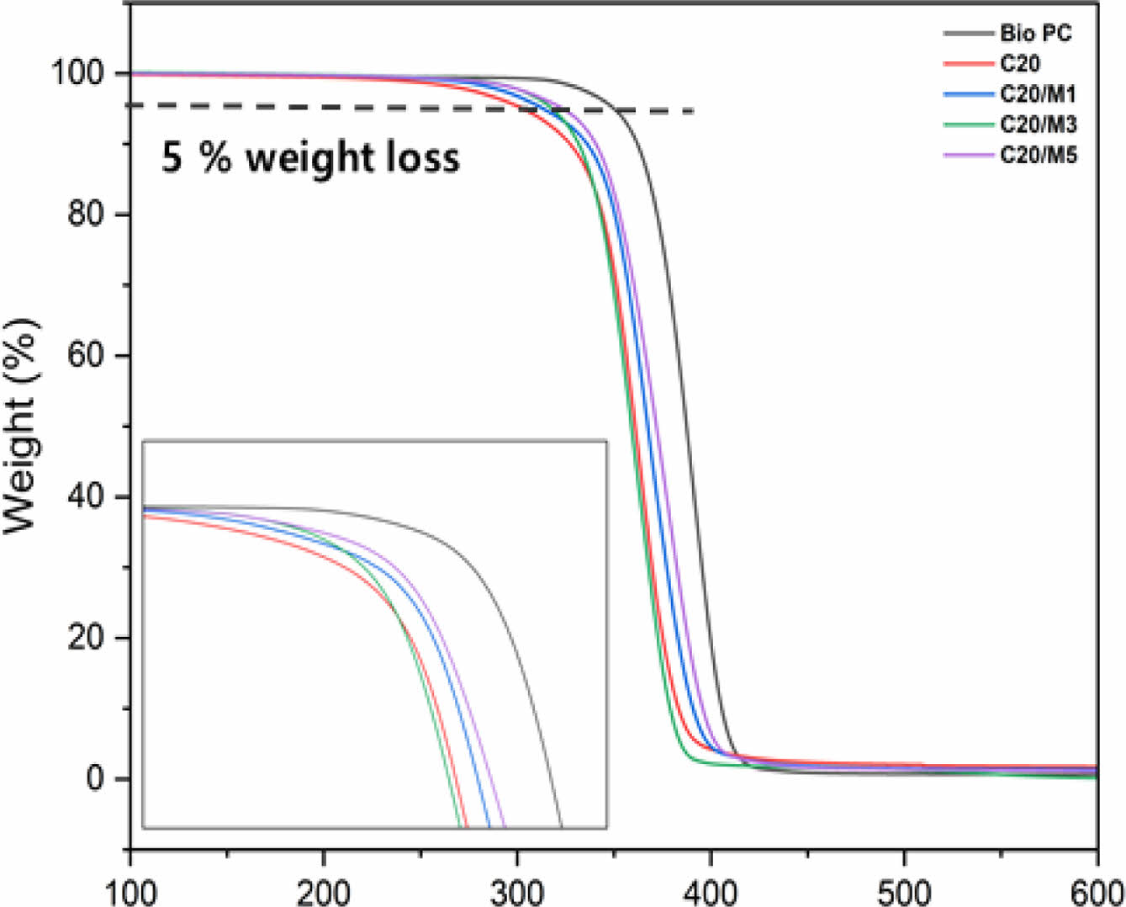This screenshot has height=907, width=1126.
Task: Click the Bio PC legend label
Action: click(1035, 34)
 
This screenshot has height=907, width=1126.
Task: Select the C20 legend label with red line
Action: click(1019, 64)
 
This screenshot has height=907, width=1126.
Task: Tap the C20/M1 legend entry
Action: click(1038, 94)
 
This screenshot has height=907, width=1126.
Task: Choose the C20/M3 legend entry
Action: click(1038, 125)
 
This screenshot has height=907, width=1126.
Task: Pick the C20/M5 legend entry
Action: click(1038, 155)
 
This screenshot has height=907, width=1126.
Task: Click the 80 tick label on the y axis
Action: click(87, 215)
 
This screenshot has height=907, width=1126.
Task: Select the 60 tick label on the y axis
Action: click(87, 355)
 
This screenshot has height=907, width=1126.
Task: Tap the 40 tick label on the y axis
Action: click(87, 496)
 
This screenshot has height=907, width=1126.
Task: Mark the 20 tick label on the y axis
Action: click(87, 637)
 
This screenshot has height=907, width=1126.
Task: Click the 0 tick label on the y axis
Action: click(96, 778)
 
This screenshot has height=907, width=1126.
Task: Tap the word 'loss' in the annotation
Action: click(425, 157)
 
